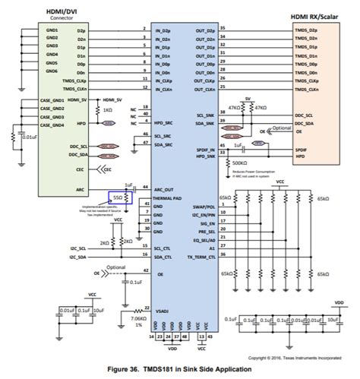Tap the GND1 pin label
tap(52, 30)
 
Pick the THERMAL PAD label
tap(169, 198)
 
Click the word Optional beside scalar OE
tap(281, 128)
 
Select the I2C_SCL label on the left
tap(77, 247)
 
